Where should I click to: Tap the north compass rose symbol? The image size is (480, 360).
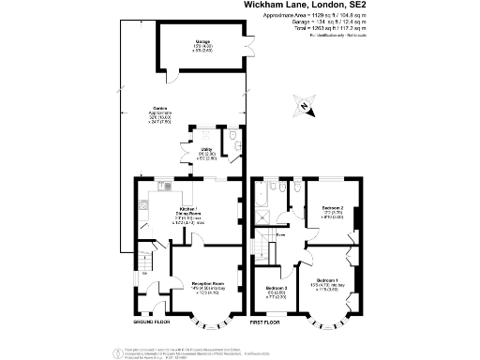303,106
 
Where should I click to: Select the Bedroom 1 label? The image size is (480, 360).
326,282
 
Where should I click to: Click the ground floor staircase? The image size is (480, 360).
146,256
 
